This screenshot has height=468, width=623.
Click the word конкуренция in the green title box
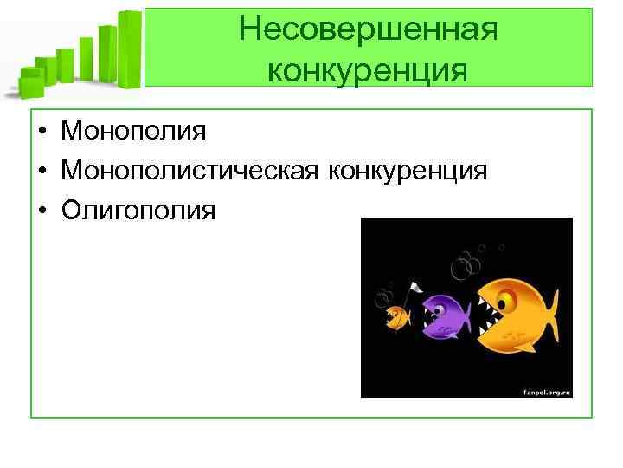368,68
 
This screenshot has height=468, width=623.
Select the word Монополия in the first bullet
133,132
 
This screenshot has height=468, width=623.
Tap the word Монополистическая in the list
191,171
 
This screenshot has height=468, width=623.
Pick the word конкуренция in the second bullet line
407,171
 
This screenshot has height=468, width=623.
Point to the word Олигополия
138,210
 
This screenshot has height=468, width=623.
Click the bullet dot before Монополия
42,133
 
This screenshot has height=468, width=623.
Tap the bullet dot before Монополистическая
42,172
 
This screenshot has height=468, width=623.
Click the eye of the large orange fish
507,299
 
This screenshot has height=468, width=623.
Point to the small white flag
414,288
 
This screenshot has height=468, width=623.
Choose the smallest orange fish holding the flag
397,317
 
